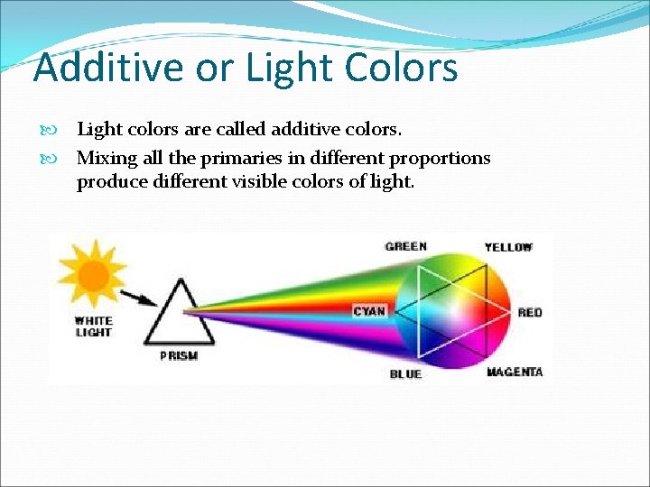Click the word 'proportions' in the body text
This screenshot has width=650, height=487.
(x=440, y=159)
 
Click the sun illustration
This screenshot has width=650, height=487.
(x=92, y=270)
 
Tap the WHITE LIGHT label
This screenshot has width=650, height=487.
(x=93, y=326)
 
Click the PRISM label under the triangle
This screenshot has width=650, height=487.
(x=179, y=356)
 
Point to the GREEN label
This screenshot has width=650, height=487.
(x=406, y=246)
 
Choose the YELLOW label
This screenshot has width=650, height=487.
(x=508, y=247)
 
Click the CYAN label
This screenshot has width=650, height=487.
(x=369, y=311)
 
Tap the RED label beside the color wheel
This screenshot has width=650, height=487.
(x=530, y=312)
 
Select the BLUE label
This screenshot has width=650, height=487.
(x=405, y=373)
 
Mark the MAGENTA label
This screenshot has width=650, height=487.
(x=515, y=372)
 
